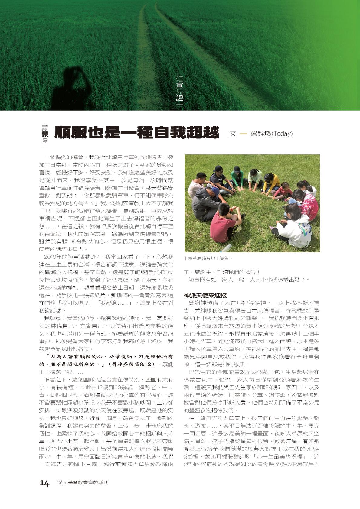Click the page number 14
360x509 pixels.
tap(44, 483)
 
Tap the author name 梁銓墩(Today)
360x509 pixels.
tap(271, 133)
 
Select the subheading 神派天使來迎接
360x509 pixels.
tap(205, 295)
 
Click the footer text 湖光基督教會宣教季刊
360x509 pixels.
tap(83, 483)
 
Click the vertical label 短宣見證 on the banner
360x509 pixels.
tap(180, 89)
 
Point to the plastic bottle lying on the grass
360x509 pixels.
tap(225, 248)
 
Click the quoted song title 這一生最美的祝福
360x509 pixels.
tap(282, 456)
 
